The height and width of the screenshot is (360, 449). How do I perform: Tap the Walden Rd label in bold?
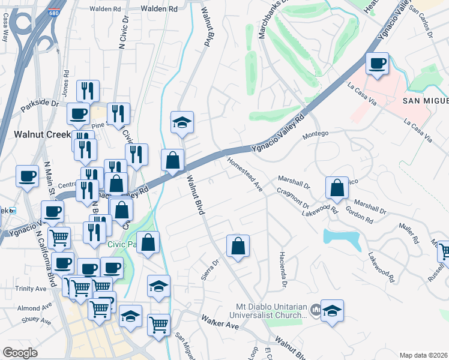(x=158, y=9)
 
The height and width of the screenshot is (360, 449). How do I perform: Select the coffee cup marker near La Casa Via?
(x=377, y=64)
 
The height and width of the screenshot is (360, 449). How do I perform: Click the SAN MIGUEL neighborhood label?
(x=425, y=100)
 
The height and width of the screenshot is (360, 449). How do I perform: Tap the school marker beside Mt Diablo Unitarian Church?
(x=332, y=311)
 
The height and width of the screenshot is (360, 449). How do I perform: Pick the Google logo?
(x=20, y=352)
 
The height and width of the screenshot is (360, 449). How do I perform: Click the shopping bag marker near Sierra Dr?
(x=238, y=245)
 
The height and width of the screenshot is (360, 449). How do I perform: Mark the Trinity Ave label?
(x=31, y=289)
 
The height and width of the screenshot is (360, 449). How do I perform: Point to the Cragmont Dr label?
(x=292, y=195)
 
